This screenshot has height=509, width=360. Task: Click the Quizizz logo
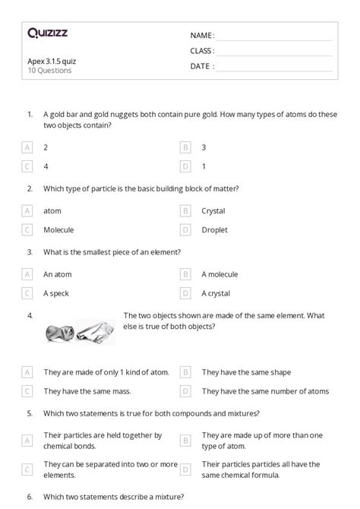pos(47,33)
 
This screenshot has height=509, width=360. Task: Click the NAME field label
pos(202,36)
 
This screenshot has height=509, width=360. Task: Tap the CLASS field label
pos(202,51)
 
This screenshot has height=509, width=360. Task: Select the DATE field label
pos(201,66)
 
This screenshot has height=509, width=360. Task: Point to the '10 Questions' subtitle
pos(49,71)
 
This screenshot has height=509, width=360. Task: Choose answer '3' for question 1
pos(204,147)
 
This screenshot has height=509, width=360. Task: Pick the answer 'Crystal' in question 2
pos(213,210)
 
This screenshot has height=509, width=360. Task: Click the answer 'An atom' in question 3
pos(58,274)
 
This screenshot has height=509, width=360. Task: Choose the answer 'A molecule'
pos(219,274)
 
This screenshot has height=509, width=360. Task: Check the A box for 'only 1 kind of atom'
pos(28,372)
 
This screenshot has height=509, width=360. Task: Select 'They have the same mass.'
pos(87,391)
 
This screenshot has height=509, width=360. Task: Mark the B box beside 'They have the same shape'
pos(185,372)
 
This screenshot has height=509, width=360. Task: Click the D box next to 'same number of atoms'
pos(185,391)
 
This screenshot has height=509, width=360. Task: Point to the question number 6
pos(29,497)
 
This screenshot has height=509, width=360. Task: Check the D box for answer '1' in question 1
pos(185,165)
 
